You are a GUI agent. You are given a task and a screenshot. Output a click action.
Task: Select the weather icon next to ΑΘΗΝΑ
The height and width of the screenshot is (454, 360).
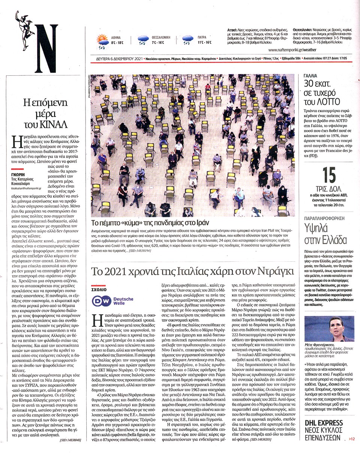click(x=102, y=40)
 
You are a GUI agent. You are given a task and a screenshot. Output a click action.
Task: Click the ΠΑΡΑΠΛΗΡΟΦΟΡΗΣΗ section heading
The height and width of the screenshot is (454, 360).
click(x=324, y=217)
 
